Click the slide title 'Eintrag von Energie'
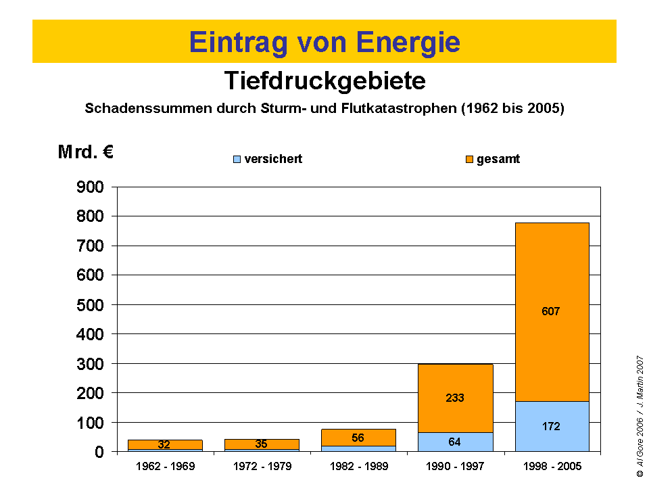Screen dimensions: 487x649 click(324, 42)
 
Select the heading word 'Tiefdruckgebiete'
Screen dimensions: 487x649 click(324, 81)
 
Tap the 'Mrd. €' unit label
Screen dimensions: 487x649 click(85, 152)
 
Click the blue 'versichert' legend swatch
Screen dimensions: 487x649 click(237, 160)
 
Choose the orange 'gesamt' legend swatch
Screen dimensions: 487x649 click(469, 160)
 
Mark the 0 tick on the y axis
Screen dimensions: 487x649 click(99, 452)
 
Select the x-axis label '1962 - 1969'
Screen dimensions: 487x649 click(165, 467)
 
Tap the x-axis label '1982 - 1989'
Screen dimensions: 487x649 click(358, 467)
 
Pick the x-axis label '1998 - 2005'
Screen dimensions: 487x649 click(552, 467)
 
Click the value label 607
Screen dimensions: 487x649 click(551, 312)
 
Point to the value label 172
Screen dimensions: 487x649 click(551, 427)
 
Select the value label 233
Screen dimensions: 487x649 click(455, 398)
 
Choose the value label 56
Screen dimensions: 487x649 click(358, 438)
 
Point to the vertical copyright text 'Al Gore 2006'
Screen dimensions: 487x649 click(640, 446)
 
